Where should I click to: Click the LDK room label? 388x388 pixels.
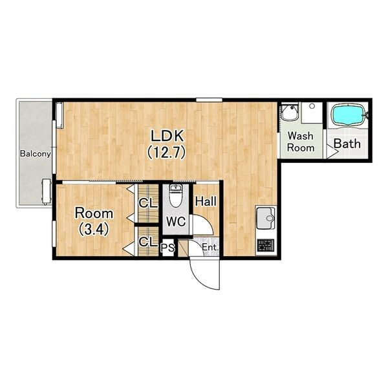(x=167, y=136)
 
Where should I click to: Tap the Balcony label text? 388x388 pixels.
(x=36, y=154)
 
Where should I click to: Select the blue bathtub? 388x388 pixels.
(x=349, y=115)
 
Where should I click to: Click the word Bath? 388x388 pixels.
(x=347, y=144)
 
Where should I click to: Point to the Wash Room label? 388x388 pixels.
(x=301, y=142)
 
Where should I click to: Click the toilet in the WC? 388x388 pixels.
(x=175, y=195)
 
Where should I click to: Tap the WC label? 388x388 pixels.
(x=176, y=221)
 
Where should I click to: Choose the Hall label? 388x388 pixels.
(x=206, y=201)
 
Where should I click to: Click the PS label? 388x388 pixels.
(x=167, y=247)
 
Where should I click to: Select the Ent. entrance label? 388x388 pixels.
(x=210, y=247)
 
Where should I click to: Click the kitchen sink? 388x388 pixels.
(x=266, y=219)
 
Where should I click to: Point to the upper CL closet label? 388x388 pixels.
(x=148, y=203)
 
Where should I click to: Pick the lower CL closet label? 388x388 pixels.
(x=148, y=242)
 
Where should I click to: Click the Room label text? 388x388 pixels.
(x=94, y=213)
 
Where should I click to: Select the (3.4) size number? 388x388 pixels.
(x=94, y=230)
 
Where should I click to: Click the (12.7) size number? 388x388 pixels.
(x=166, y=152)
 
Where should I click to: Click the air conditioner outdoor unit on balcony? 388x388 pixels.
(x=46, y=192)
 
